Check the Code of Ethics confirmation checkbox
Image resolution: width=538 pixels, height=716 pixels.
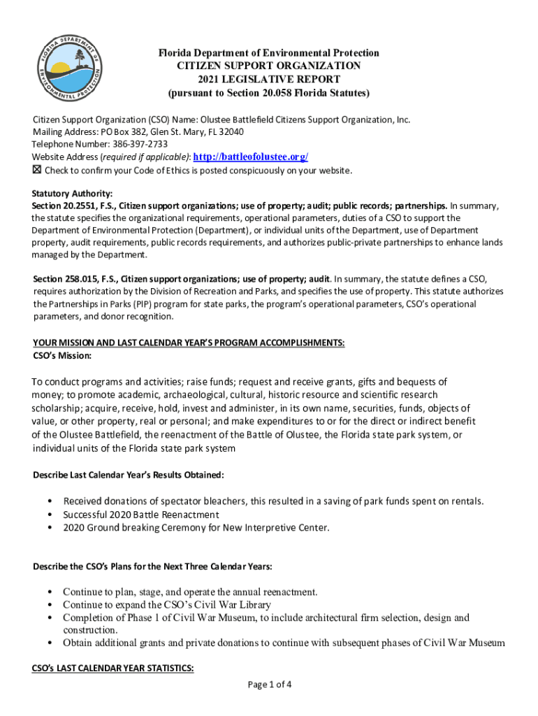tap(37, 171)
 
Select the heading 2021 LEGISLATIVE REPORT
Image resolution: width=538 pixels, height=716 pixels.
tap(268, 79)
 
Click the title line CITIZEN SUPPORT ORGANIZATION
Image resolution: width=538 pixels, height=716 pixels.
tap(268, 66)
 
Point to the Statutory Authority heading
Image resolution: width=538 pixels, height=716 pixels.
tap(72, 194)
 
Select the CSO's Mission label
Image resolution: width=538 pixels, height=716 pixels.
tap(62, 356)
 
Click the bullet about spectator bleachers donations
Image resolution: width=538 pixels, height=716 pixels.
tap(273, 501)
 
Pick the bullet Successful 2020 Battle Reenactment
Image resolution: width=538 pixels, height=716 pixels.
tap(139, 514)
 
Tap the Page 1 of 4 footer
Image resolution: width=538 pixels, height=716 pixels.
tap(269, 685)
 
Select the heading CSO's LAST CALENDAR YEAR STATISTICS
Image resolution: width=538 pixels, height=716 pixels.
tap(113, 668)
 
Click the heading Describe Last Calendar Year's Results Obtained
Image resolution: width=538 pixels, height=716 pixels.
tap(129, 475)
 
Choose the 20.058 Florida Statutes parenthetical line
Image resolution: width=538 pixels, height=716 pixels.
tap(268, 92)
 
